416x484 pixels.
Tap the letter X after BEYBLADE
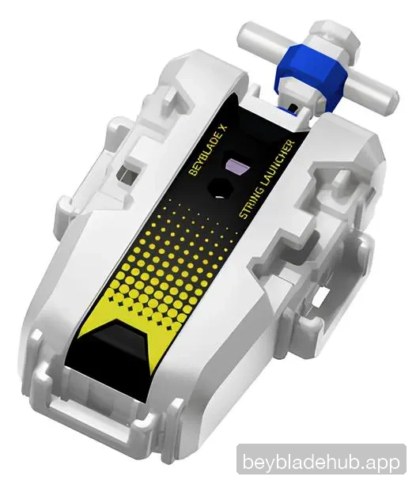[224, 127]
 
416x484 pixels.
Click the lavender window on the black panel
[237, 166]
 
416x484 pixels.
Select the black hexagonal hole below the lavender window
[221, 188]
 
